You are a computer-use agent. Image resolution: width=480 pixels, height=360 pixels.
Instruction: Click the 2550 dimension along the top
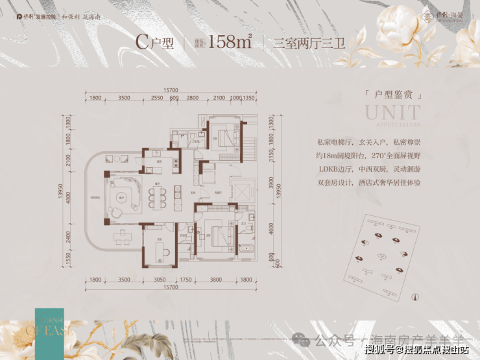[x=156, y=98]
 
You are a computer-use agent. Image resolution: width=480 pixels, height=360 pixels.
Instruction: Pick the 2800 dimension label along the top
[x=192, y=98]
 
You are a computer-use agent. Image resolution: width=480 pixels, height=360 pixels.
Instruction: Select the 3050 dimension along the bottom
[x=159, y=280]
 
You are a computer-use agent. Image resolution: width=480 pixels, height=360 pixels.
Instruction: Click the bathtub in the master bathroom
[x=248, y=250]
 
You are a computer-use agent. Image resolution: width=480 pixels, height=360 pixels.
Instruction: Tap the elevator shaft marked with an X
[x=239, y=193]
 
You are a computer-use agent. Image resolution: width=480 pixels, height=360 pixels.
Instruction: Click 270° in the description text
[x=379, y=156]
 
